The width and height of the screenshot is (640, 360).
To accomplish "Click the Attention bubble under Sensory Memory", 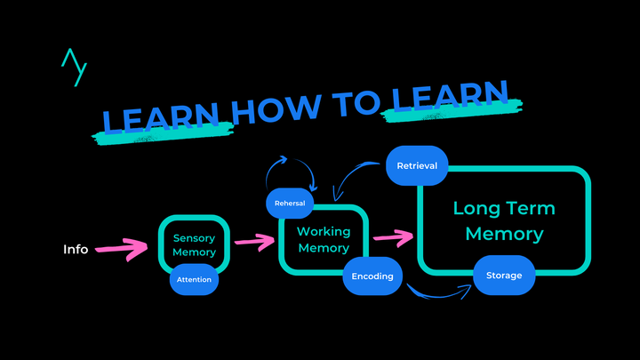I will click(194, 279).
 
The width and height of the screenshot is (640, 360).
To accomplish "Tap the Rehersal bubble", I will click(290, 204).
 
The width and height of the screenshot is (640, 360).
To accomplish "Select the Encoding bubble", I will click(372, 276).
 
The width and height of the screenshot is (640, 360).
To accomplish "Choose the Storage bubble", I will click(503, 276).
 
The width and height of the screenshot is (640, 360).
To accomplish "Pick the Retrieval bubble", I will click(417, 166).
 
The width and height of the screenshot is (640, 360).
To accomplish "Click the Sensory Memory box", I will click(194, 244).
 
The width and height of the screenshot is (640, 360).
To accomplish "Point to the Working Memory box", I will click(324, 239).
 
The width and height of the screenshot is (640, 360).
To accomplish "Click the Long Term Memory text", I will click(504, 221).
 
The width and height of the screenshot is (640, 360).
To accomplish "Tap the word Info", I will click(76, 249).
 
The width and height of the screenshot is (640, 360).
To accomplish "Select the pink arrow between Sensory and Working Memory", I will click(254, 240).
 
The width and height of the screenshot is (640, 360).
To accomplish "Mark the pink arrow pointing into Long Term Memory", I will click(393, 236).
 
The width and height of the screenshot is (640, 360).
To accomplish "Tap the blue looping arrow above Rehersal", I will click(290, 166).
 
